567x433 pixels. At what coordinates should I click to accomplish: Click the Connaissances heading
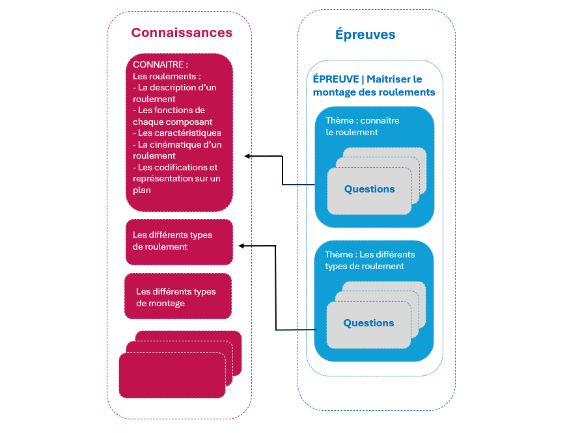[x=182, y=33]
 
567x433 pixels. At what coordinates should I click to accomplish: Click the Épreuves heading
[x=365, y=34]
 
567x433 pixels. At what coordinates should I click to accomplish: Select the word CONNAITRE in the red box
[x=159, y=65]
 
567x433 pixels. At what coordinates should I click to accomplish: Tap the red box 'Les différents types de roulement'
[x=178, y=241]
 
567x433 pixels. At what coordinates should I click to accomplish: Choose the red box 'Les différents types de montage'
[x=177, y=298]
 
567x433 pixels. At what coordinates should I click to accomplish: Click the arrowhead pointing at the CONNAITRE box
[x=247, y=156]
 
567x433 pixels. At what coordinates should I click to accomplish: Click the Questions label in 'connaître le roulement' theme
[x=369, y=189]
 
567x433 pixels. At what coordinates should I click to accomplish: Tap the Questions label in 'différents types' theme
[x=368, y=323]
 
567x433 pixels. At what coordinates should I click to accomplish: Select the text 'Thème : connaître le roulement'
[x=362, y=126]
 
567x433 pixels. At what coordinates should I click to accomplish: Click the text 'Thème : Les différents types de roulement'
[x=370, y=260]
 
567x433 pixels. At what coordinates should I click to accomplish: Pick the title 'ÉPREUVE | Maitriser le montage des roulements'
[x=373, y=85]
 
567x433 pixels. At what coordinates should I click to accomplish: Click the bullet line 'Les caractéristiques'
[x=176, y=133]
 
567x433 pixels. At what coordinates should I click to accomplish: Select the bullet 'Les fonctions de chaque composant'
[x=173, y=116]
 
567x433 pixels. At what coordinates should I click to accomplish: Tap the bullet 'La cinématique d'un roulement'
[x=176, y=150]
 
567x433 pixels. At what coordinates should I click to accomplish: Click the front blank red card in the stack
[x=172, y=375]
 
